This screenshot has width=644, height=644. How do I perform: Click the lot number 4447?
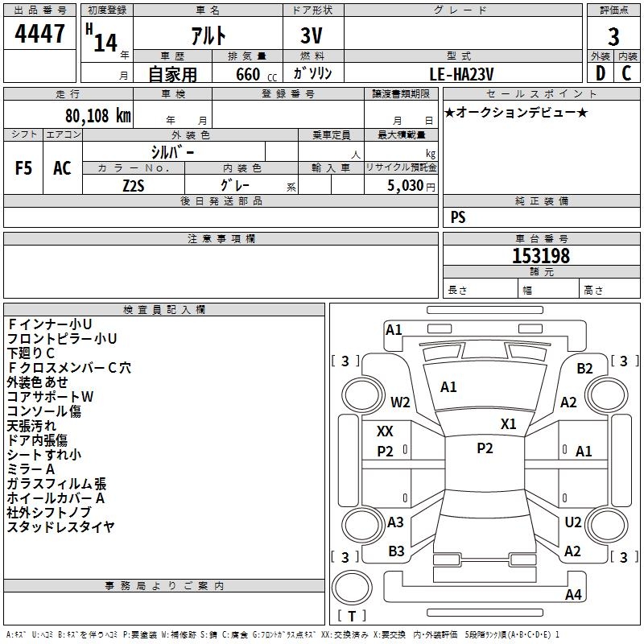point(40,33)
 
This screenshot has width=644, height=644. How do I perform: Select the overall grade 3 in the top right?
point(613,36)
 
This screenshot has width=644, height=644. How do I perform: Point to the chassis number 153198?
point(541,256)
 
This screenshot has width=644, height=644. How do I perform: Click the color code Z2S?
point(134,184)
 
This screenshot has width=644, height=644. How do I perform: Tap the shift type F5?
point(23,168)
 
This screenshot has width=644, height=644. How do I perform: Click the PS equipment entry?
point(458,217)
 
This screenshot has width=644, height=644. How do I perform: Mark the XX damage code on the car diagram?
point(386,431)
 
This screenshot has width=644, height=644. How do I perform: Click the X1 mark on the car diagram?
point(508,424)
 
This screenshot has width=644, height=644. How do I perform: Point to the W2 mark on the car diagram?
point(400,402)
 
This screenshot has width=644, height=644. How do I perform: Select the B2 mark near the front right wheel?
point(584,369)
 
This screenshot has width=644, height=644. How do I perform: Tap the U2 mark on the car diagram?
point(572,522)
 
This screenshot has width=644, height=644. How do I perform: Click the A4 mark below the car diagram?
point(573,595)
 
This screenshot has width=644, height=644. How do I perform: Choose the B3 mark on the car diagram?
point(396,551)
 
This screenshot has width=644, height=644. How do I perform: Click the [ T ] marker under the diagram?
point(351,617)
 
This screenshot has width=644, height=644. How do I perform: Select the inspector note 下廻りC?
point(31,353)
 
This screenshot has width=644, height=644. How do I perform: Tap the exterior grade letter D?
point(600,73)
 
